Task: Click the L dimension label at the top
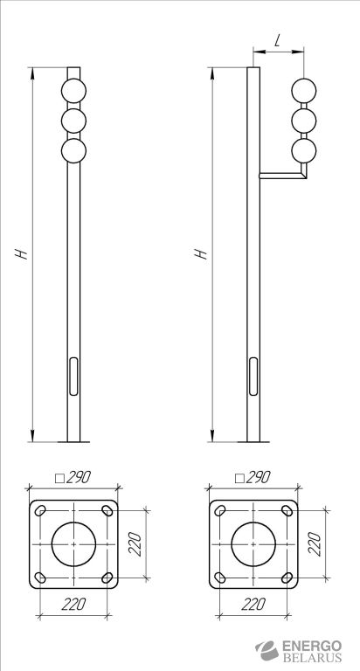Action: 278,41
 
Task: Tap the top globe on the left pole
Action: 73,91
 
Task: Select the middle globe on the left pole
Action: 73,121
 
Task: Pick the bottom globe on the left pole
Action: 73,150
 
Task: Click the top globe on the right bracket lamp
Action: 304,91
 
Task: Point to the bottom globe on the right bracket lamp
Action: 304,150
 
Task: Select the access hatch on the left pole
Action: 73,377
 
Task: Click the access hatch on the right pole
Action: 253,377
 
